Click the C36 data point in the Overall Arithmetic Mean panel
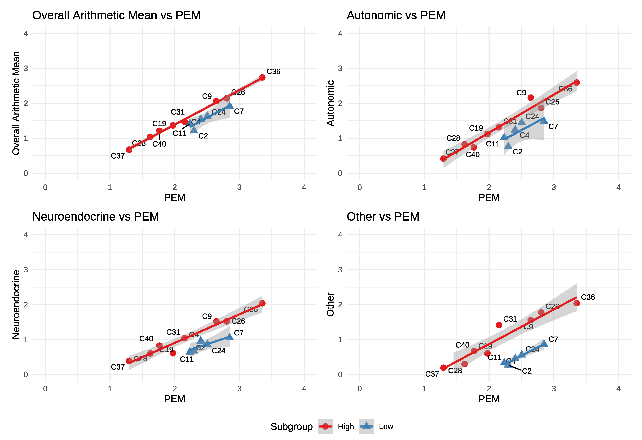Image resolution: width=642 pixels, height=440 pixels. [x=262, y=77]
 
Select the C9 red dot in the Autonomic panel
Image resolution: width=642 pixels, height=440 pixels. [x=530, y=98]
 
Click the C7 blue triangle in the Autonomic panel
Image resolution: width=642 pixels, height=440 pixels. [x=544, y=120]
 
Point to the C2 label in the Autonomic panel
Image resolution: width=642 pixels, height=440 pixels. [x=517, y=152]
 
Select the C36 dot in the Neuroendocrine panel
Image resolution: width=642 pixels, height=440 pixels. [x=262, y=303]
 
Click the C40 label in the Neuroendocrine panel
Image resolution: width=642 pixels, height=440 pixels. [x=146, y=339]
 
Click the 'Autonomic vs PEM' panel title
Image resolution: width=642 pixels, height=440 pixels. [x=396, y=15]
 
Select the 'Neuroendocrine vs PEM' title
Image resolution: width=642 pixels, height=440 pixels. [x=96, y=217]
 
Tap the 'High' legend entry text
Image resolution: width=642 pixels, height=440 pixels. [x=346, y=427]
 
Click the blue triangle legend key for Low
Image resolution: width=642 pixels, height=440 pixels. [x=366, y=426]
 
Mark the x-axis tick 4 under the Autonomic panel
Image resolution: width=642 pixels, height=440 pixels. [x=618, y=187]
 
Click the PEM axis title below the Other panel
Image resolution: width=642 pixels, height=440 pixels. [x=489, y=399]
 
